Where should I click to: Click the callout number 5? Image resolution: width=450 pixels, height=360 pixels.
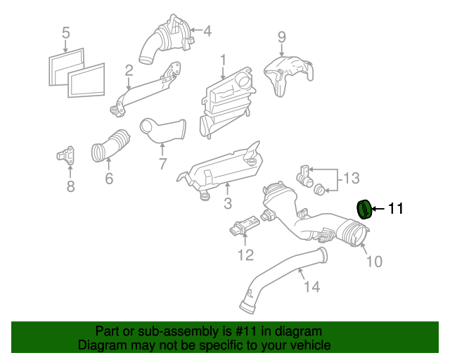65,32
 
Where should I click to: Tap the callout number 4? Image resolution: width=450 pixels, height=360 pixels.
207,31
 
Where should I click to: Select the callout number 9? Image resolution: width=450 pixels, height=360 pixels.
281,37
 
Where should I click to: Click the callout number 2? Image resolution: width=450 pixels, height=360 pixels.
129,70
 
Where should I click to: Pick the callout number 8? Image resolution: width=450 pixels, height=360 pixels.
70,186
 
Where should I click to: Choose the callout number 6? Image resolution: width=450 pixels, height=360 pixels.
109,179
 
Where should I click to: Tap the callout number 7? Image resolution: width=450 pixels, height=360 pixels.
162,164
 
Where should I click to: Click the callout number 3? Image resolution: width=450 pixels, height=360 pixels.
227,205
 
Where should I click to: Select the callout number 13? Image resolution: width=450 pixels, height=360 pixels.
351,179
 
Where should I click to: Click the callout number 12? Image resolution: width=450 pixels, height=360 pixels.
245,255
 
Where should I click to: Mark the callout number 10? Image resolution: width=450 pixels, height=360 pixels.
374,262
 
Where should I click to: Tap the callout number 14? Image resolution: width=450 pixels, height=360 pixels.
311,287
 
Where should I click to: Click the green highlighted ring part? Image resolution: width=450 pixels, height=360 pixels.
364,210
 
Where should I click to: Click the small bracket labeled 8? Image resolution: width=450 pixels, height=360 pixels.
68,155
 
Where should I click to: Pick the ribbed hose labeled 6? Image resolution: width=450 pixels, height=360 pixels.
111,145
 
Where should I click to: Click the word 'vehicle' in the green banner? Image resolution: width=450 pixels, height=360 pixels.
306,345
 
